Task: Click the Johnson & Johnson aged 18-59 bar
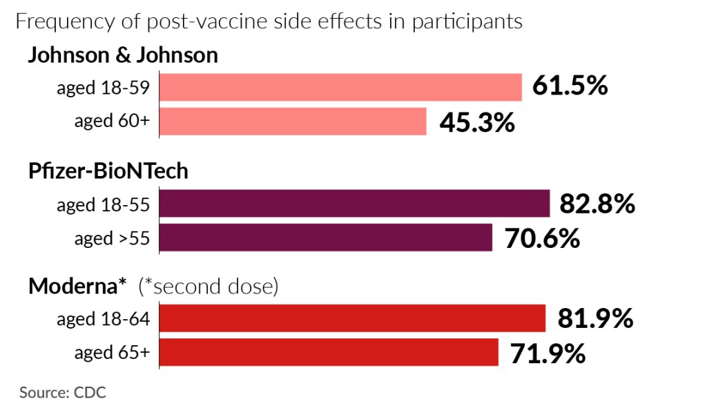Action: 341,88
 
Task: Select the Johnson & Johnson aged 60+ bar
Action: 293,122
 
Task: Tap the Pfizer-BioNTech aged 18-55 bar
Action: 355,204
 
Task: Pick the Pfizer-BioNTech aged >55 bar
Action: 326,238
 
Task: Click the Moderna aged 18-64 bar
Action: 353,318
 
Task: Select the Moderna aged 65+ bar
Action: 329,352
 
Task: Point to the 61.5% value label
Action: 570,87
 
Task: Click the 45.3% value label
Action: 477,122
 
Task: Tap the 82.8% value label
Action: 597,204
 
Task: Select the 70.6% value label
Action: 541,238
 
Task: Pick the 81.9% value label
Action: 594,318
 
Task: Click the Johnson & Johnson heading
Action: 122,55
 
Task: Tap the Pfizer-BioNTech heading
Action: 108,171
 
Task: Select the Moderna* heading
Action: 77,286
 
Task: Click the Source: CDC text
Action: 62,392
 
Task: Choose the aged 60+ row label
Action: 112,122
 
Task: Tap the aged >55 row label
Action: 112,238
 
